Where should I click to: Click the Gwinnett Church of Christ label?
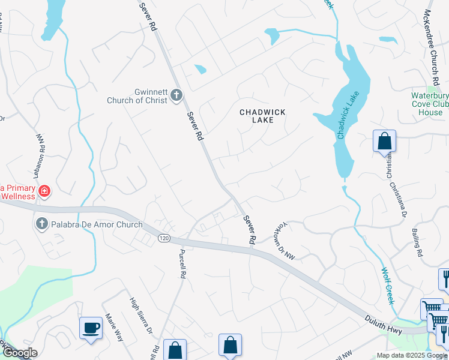(137, 95)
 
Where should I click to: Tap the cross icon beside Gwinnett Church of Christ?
(176, 95)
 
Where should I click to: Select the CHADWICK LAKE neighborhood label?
(262, 116)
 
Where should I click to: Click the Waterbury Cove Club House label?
(430, 104)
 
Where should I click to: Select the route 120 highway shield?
(163, 239)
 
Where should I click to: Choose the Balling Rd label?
(418, 242)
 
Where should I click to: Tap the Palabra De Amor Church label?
(96, 225)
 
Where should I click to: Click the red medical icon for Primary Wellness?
(44, 192)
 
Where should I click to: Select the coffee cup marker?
(91, 328)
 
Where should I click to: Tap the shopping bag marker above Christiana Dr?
(384, 142)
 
